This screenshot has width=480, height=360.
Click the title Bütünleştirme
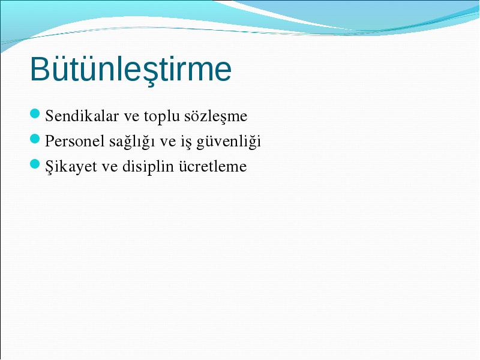pos(131,70)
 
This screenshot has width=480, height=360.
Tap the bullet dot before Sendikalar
pos(35,113)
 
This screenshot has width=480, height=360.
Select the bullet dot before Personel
pos(35,139)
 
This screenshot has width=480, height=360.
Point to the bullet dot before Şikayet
pos(35,164)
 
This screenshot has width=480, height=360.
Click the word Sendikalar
pos(82,116)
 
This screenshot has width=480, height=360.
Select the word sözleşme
pos(216,116)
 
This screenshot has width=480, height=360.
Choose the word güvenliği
pos(229,142)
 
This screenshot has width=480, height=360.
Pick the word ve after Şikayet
pos(110,168)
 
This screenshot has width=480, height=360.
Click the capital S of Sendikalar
pos(49,116)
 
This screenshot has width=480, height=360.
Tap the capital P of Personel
pos(50,141)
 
